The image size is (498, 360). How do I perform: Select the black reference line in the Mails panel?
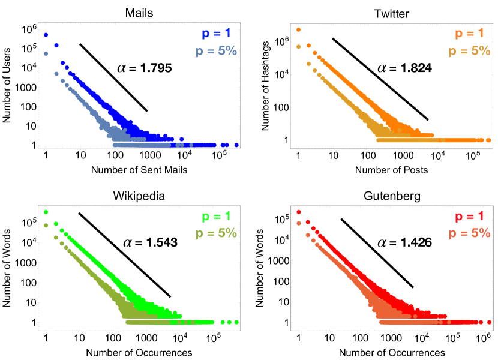[113, 77]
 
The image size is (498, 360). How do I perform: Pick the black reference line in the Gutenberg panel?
[377, 253]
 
